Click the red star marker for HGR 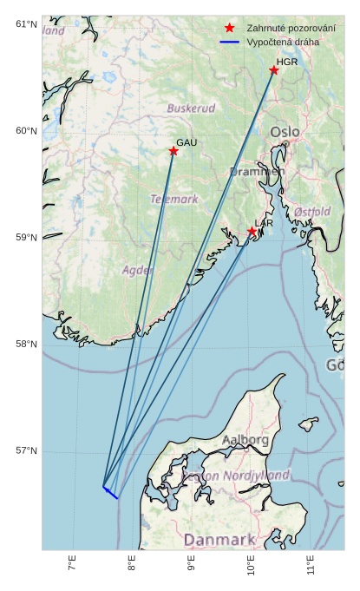pos(274,70)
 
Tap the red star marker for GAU pos(173,151)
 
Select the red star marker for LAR pos(252,231)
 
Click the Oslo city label pos(285,132)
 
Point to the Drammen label pos(257,172)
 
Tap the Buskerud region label pos(191,109)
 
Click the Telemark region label pos(174,200)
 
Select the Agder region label pos(138,270)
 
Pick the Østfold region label pos(312,212)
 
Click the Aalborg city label pos(245,440)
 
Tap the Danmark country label pos(219,540)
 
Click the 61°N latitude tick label pos(27,24)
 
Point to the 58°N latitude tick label pos(27,345)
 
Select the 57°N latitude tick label pos(27,451)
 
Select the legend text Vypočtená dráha pos(283,42)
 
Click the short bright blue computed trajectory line pos(110,492)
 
